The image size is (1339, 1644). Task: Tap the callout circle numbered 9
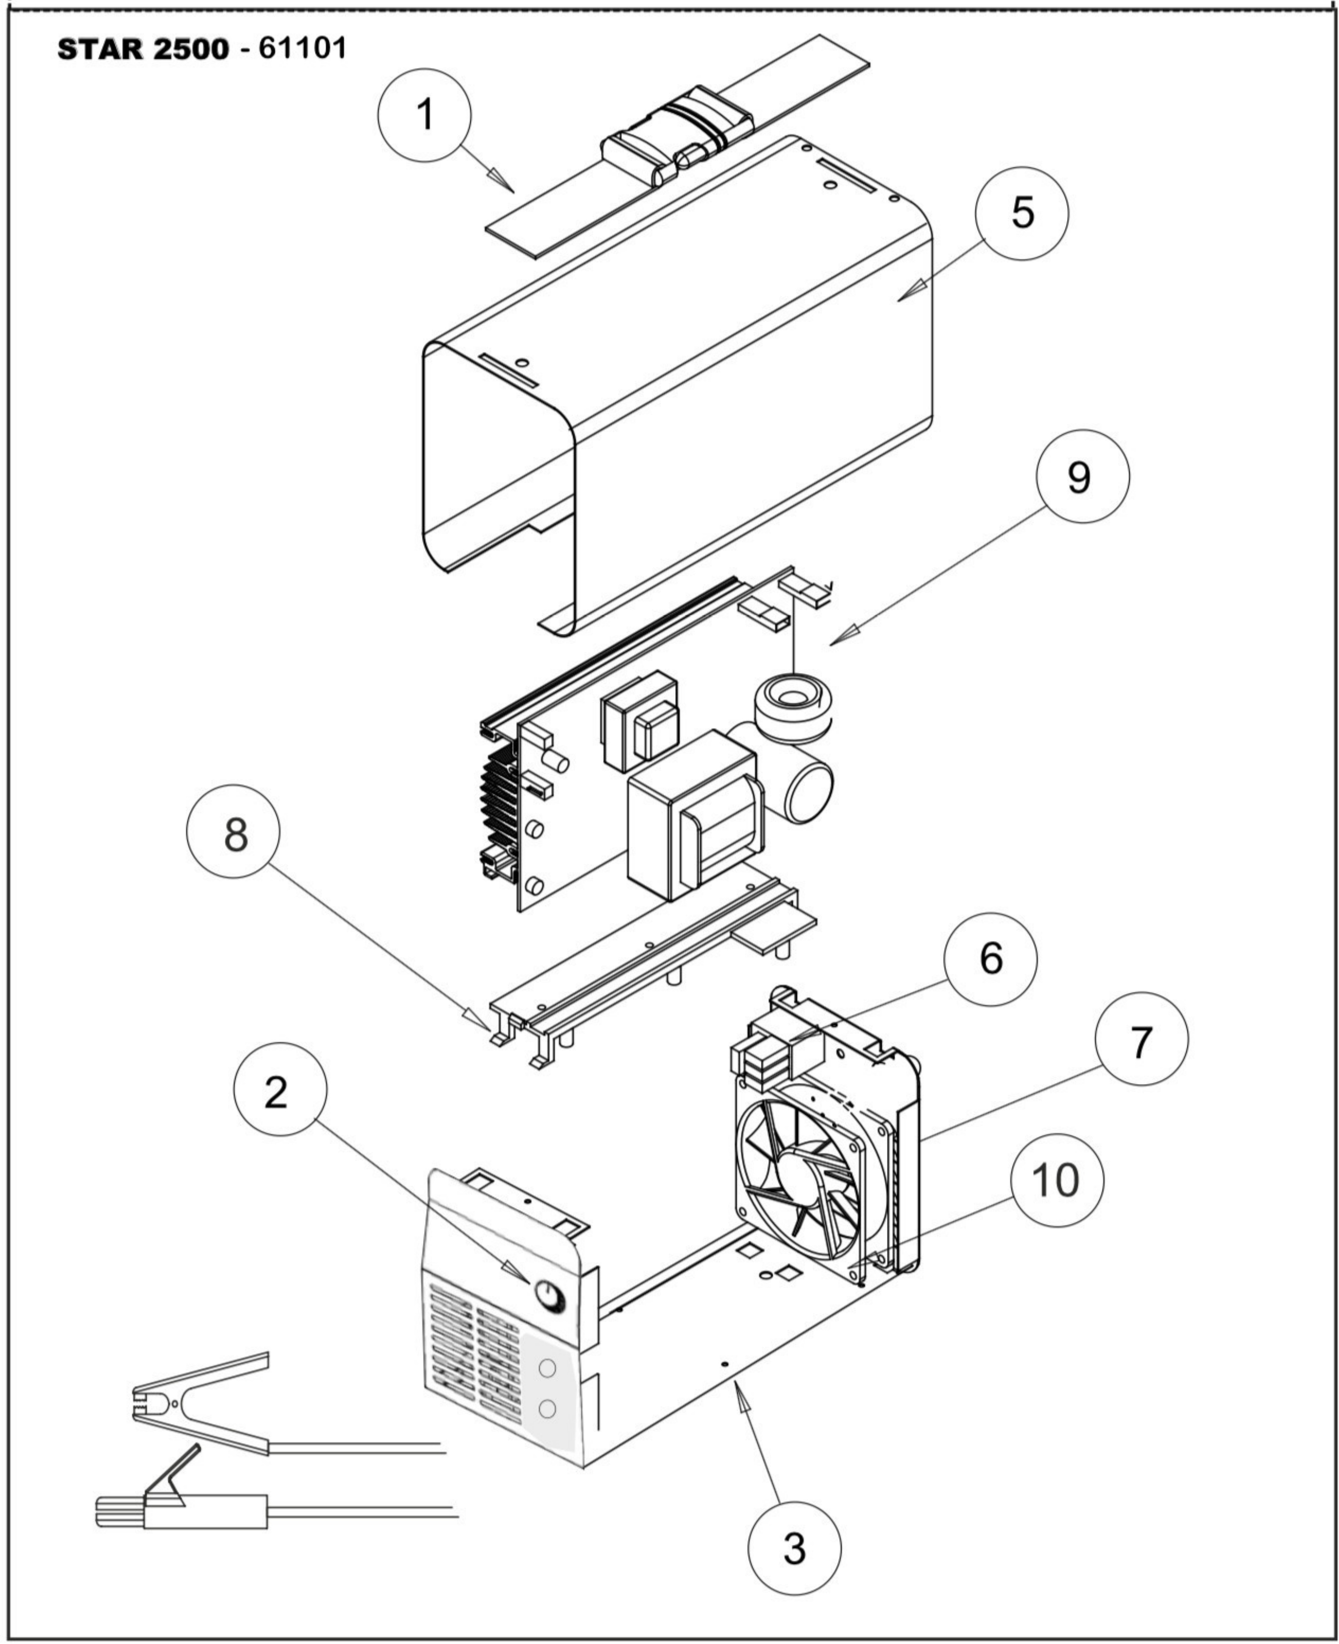pyautogui.click(x=1082, y=477)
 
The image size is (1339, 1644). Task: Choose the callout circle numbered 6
pyautogui.click(x=990, y=958)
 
